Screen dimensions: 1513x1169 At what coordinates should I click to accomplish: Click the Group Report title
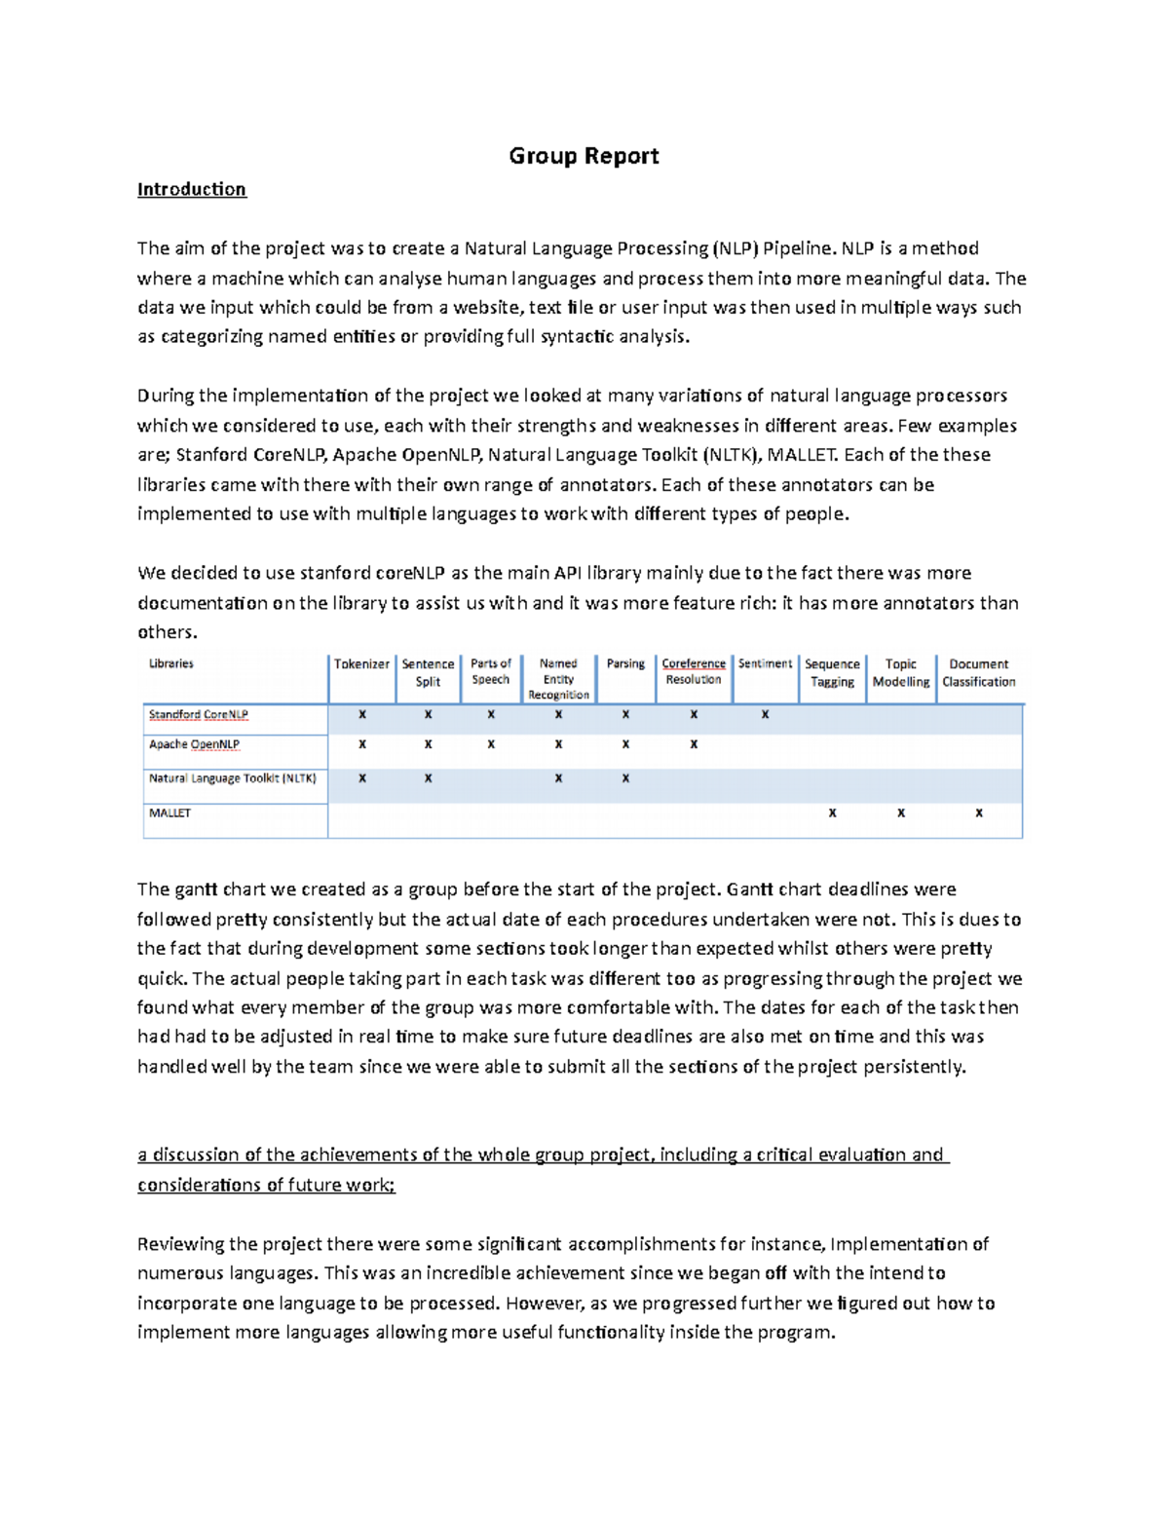click(x=584, y=156)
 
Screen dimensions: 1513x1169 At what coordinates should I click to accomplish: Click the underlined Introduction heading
click(x=191, y=189)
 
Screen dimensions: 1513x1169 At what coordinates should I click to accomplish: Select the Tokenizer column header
click(x=361, y=663)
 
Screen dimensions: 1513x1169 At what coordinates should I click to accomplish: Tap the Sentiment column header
click(x=765, y=663)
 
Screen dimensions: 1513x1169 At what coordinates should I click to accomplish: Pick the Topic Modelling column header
click(x=900, y=673)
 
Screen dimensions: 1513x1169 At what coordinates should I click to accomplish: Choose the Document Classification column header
click(x=978, y=673)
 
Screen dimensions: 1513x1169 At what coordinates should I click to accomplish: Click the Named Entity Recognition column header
click(x=558, y=679)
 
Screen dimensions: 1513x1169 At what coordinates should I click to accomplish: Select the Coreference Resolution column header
click(x=694, y=671)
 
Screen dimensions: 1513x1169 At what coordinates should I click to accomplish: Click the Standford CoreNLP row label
click(x=198, y=714)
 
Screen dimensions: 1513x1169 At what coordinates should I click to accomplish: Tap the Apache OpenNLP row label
click(x=194, y=744)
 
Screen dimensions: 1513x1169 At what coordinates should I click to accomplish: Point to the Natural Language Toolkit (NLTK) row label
click(x=232, y=778)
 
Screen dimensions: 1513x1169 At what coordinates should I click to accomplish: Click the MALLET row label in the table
click(x=170, y=813)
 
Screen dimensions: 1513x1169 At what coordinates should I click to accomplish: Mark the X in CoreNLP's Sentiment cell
click(x=765, y=714)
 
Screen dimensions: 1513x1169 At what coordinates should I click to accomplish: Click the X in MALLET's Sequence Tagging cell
click(x=832, y=813)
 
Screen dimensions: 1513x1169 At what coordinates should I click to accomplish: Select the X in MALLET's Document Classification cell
click(x=978, y=813)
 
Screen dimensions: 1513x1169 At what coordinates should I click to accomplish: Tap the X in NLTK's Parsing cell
click(x=625, y=778)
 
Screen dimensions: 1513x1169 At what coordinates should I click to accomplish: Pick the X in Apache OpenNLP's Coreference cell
click(x=694, y=744)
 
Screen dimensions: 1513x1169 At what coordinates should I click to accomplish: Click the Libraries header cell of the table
click(x=171, y=663)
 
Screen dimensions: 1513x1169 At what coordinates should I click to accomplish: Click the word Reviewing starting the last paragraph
click(x=180, y=1244)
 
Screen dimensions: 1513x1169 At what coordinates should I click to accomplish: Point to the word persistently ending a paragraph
click(x=915, y=1067)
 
